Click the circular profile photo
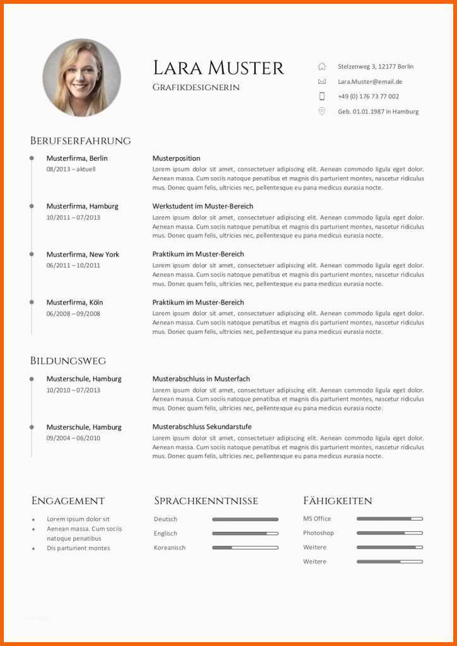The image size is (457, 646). click(x=81, y=78)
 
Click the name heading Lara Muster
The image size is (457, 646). click(x=218, y=68)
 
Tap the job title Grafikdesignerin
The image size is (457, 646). click(x=196, y=88)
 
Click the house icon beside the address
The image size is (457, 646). click(x=322, y=66)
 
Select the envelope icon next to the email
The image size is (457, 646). click(x=322, y=81)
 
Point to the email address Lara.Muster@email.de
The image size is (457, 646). click(x=370, y=81)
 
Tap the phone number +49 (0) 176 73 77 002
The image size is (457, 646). click(x=368, y=97)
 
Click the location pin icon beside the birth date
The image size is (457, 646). click(x=322, y=111)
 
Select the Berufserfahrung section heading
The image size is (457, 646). click(x=80, y=141)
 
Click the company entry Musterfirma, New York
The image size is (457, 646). click(x=83, y=254)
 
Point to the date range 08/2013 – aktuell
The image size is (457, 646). click(x=71, y=169)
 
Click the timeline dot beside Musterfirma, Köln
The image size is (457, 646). click(x=32, y=302)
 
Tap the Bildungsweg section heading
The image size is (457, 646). click(x=68, y=361)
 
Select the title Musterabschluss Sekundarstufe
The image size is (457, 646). click(x=202, y=427)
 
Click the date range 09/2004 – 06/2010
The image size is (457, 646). click(x=73, y=438)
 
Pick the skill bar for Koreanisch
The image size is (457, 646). click(x=245, y=548)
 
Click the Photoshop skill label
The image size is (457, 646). click(x=318, y=533)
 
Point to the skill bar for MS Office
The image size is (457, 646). click(x=389, y=519)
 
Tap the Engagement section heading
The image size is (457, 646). click(x=68, y=501)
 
